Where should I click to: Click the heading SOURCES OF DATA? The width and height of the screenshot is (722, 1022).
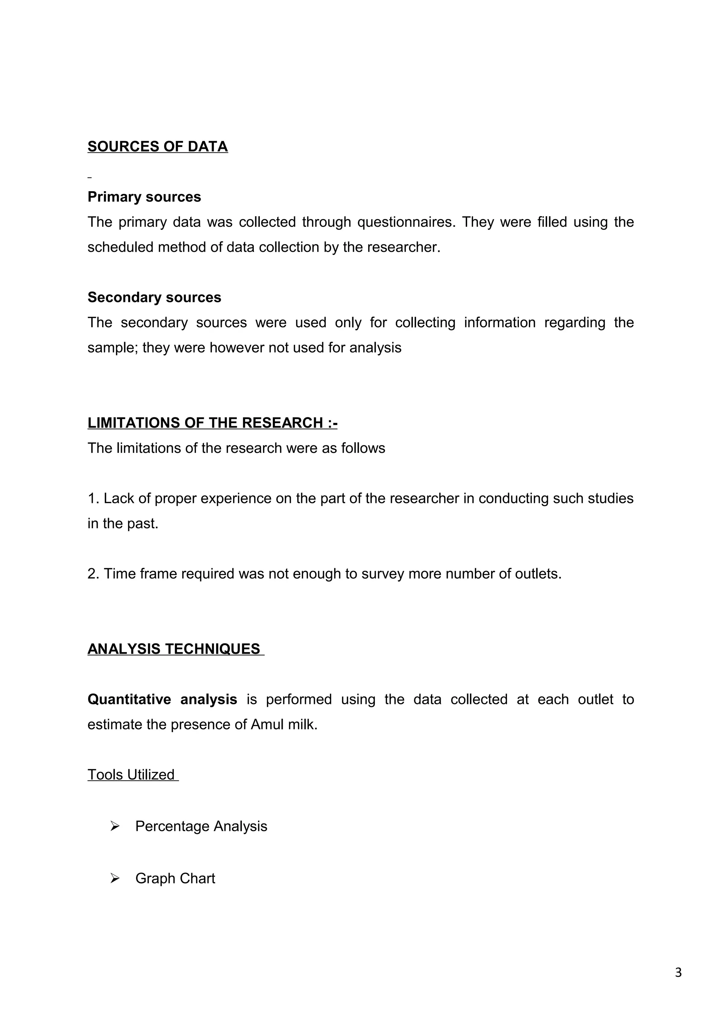click(x=158, y=146)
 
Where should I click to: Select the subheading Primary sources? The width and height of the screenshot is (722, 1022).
click(x=144, y=197)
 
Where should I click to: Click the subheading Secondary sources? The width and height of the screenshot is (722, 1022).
click(x=154, y=297)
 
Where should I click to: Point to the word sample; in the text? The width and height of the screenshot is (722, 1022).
click(x=112, y=348)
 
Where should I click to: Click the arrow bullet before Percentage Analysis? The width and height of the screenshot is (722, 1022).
click(x=115, y=826)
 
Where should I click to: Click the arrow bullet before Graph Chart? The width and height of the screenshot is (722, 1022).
click(x=115, y=878)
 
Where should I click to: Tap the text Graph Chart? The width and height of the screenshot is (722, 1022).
click(x=175, y=878)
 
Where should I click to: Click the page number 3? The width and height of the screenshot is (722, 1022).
click(x=678, y=973)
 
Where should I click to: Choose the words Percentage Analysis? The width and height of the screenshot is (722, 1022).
click(x=201, y=826)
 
